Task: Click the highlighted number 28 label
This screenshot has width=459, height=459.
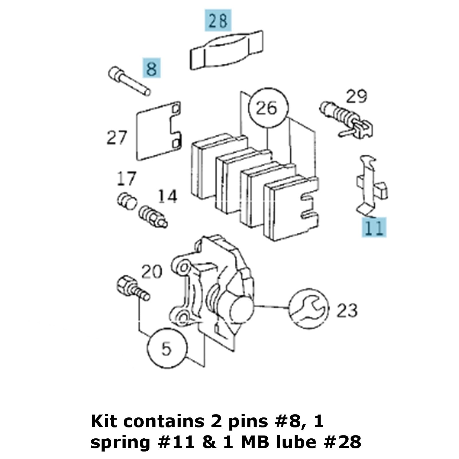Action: (218, 20)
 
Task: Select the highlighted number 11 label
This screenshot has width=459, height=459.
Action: (374, 227)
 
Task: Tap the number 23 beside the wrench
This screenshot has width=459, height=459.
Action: (347, 310)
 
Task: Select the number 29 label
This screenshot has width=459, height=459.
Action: (356, 97)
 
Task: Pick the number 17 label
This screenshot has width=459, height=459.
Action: (126, 178)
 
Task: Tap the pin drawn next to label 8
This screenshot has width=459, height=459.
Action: (129, 81)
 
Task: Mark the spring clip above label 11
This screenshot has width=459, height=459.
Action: (370, 185)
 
